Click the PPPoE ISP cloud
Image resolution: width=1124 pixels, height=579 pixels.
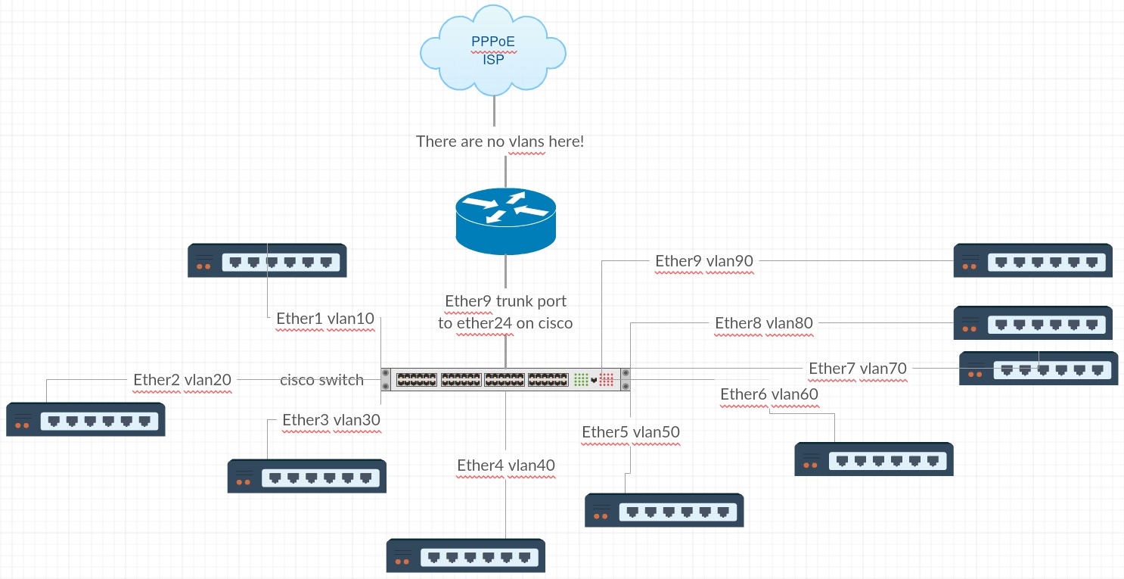[x=493, y=50]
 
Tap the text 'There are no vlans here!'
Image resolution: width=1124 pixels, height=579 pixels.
[x=500, y=142]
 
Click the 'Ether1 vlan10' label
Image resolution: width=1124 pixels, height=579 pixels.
[x=325, y=319]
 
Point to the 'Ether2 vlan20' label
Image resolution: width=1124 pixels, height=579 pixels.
[x=182, y=380]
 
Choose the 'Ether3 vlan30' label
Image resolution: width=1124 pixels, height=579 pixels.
[x=331, y=420]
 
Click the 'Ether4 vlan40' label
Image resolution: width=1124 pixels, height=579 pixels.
[x=506, y=465]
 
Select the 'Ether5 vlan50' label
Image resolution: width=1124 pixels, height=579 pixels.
[x=631, y=432]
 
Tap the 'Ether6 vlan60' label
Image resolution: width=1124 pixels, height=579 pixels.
[x=769, y=394]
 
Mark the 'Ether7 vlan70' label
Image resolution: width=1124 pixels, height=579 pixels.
[x=858, y=369]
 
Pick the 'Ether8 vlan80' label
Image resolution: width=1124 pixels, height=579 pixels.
[x=764, y=324]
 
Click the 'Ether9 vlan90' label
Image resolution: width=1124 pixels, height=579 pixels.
[x=704, y=261]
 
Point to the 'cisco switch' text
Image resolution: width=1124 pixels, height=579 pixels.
[x=322, y=380]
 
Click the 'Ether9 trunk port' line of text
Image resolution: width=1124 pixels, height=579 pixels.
[x=505, y=301]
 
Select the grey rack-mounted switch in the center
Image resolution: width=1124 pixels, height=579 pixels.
[x=505, y=379]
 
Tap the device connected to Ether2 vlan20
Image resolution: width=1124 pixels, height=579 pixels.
[x=85, y=420]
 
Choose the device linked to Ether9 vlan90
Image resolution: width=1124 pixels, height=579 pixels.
[x=1032, y=261]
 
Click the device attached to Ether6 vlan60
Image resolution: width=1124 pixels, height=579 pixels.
[x=874, y=459]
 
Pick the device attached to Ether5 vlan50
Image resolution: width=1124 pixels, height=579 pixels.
[x=664, y=511]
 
